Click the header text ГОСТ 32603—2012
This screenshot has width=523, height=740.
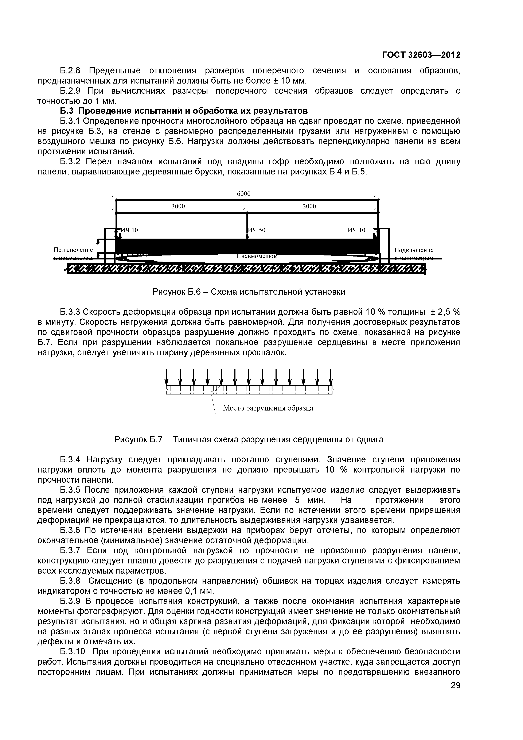click(x=421, y=55)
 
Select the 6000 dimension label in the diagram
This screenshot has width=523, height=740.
click(x=243, y=193)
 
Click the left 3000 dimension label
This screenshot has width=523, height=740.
click(x=178, y=206)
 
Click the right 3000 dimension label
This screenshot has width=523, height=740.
click(x=309, y=206)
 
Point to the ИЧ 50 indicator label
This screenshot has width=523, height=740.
click(x=257, y=230)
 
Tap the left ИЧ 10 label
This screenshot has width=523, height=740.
click(x=129, y=230)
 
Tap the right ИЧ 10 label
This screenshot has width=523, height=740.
click(x=356, y=230)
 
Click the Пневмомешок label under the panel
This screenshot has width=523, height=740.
click(x=257, y=256)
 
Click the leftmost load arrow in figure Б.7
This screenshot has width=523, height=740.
click(x=167, y=377)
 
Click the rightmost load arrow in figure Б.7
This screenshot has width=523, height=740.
click(x=331, y=377)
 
